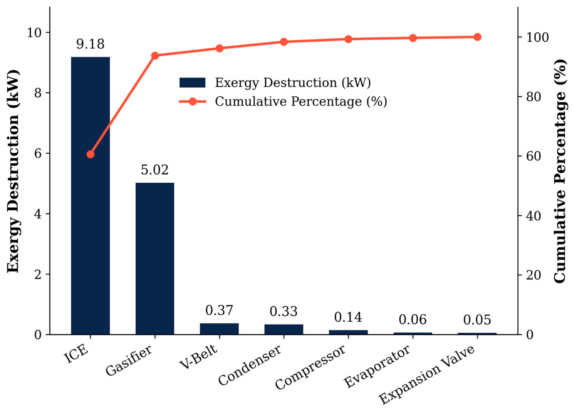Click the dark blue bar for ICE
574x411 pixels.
[90, 196]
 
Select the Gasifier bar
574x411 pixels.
[155, 259]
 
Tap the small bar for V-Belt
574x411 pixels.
[219, 329]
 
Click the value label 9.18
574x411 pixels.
[90, 44]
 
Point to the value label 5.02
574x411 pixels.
[155, 170]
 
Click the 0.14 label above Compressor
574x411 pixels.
[348, 317]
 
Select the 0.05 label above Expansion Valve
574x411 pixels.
[477, 320]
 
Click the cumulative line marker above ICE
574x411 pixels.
[90, 154]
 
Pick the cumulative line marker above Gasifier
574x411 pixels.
[155, 56]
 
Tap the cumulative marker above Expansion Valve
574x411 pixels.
[477, 37]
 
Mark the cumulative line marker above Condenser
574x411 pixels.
[284, 42]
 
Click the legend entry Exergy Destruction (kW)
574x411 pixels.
[275, 82]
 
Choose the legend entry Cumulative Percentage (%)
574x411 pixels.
[283, 102]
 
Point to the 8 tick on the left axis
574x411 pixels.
[38, 93]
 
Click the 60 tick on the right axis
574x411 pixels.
[534, 156]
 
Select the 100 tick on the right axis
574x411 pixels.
[538, 37]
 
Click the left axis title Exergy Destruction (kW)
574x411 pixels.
[13, 171]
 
